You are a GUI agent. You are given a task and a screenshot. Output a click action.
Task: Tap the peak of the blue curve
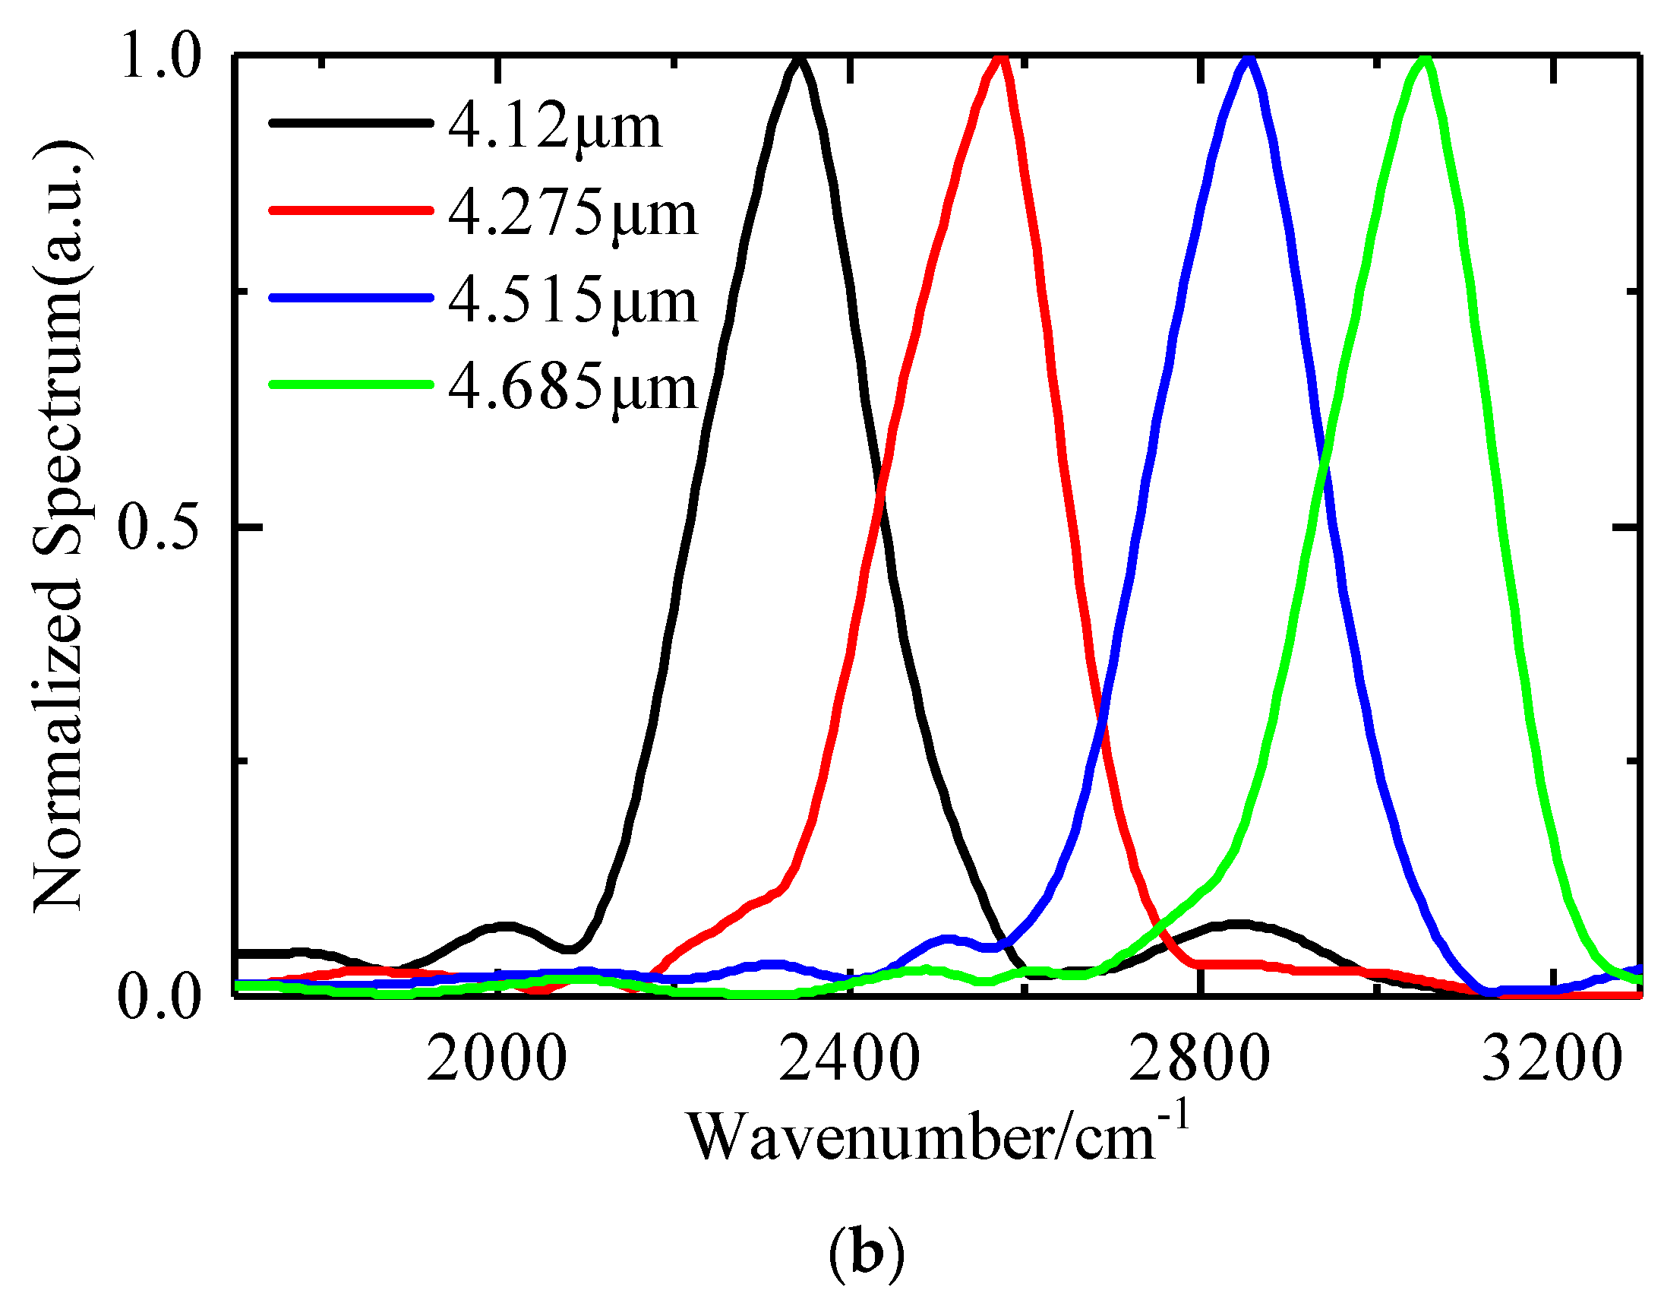[1247, 60]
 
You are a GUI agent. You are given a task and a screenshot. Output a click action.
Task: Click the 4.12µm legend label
[554, 127]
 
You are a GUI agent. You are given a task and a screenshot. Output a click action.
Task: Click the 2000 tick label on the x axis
[497, 1060]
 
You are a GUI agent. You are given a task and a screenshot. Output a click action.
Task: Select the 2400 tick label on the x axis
[849, 1060]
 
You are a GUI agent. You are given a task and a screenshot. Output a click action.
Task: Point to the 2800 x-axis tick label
[1200, 1060]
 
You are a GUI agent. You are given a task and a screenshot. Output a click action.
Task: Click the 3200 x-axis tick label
[1552, 1060]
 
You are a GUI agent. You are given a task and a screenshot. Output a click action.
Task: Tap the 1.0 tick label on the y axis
[159, 58]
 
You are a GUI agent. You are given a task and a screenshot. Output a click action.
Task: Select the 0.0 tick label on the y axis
[159, 997]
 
